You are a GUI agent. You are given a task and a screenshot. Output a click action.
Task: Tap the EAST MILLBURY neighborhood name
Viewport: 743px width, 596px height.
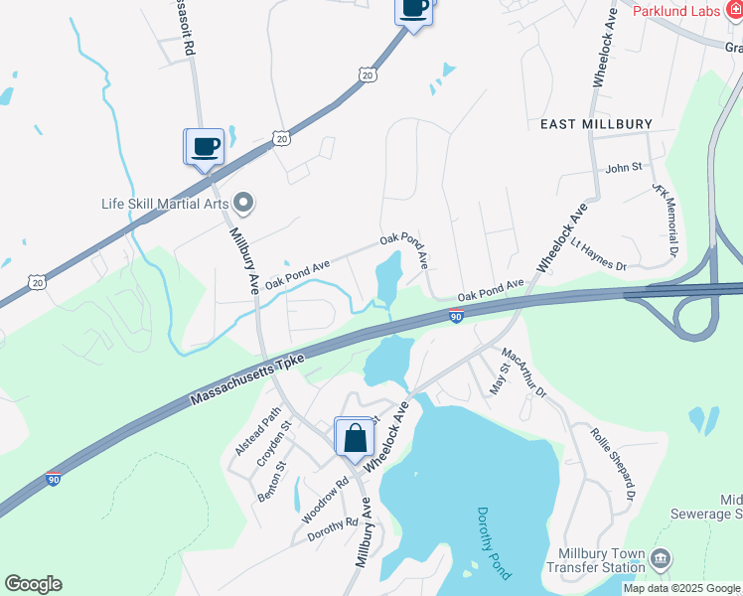[x=596, y=124]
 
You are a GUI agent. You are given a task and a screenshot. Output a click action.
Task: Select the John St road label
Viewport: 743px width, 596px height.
[x=624, y=168]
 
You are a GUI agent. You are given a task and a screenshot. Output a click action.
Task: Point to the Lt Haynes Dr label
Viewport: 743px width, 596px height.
[x=598, y=253]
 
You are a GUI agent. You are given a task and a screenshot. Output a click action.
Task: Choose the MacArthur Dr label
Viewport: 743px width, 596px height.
[x=524, y=372]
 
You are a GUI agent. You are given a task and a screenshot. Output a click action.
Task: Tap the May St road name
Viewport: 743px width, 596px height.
[x=499, y=378]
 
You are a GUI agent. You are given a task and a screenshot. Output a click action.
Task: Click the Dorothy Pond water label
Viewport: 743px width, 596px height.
[x=493, y=542]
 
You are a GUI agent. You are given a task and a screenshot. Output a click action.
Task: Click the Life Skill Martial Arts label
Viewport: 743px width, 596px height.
[x=165, y=205]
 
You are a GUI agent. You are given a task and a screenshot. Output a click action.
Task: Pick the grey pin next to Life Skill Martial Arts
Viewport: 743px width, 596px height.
[x=243, y=205]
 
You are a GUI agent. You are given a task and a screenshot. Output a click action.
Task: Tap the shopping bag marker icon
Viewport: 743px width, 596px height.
[x=355, y=437]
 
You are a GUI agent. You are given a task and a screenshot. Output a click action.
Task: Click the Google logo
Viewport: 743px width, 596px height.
[x=33, y=584]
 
